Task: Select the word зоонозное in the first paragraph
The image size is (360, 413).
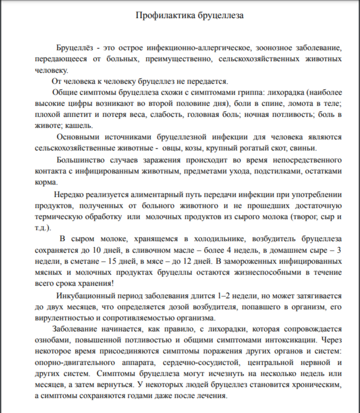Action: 275,49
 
